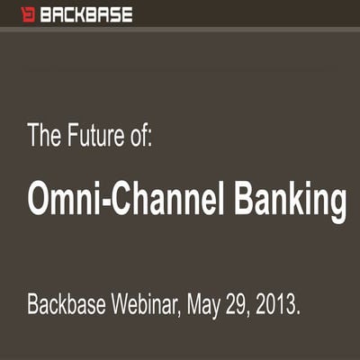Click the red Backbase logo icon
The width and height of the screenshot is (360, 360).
click(x=28, y=14)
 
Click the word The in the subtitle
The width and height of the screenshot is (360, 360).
click(x=44, y=137)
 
